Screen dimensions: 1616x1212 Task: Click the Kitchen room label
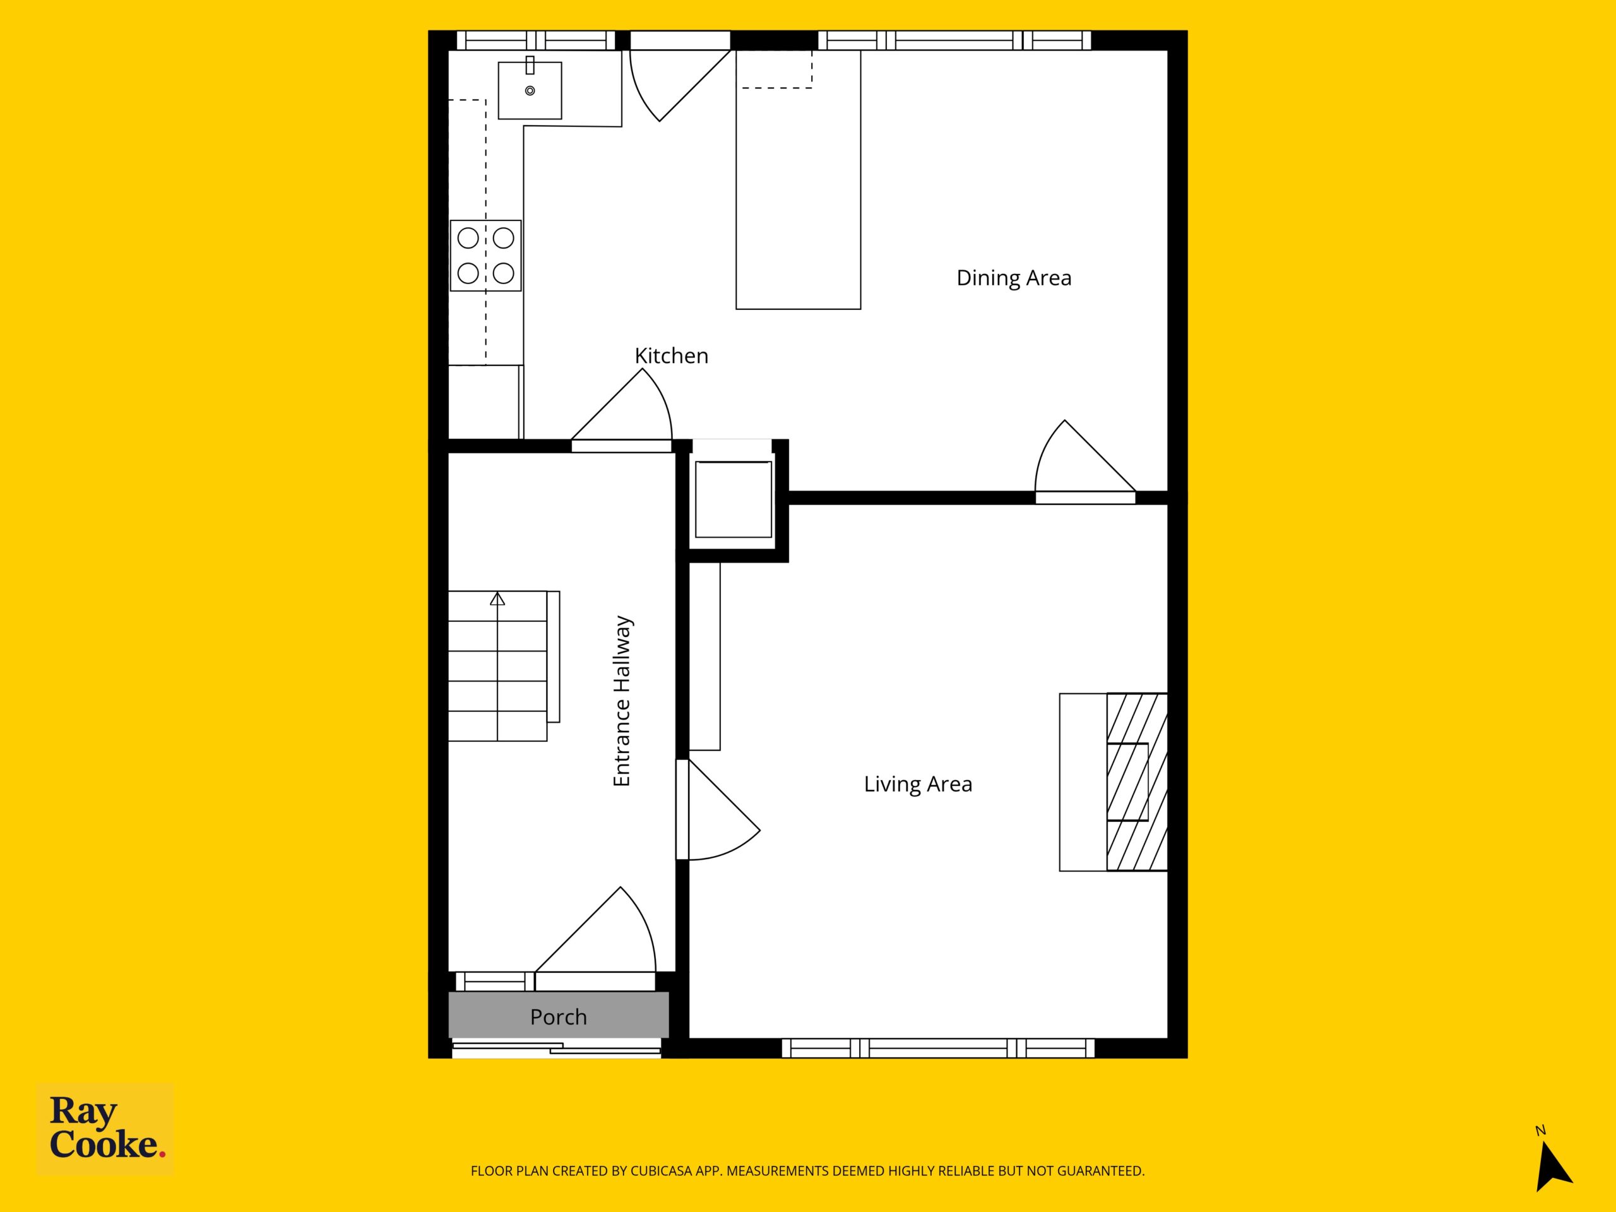tap(672, 356)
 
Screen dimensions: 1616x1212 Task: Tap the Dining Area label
tap(1014, 278)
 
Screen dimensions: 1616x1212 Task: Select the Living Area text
tap(918, 784)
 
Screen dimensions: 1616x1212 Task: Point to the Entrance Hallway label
tap(622, 701)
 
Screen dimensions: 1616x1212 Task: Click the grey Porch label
tap(558, 1017)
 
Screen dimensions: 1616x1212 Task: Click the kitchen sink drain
tap(530, 91)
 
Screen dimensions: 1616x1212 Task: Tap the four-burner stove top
tap(486, 256)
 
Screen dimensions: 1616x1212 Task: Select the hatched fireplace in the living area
tap(1137, 781)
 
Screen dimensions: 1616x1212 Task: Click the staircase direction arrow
tap(497, 599)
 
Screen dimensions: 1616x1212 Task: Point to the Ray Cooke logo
tap(105, 1129)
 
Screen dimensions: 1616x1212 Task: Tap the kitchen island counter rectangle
tap(798, 180)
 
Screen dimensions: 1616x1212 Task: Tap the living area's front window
tap(938, 1049)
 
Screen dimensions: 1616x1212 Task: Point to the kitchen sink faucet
tap(530, 65)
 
